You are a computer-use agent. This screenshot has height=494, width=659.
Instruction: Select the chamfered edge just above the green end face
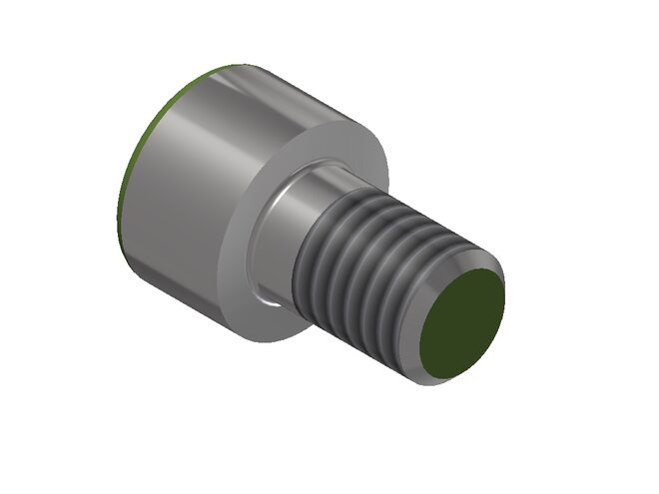point(469,261)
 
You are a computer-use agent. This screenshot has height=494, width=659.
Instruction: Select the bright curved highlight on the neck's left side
point(274,210)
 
